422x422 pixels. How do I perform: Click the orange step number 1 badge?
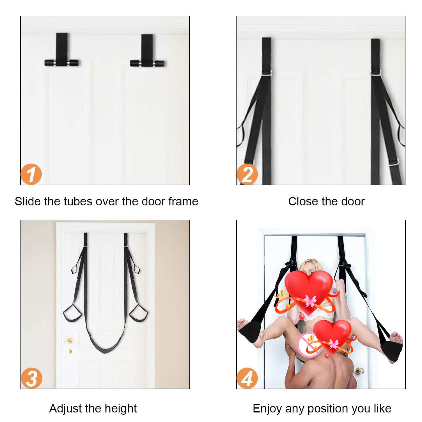coord(31,174)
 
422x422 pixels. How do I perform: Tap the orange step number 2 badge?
coord(247,174)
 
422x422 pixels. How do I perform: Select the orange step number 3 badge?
coord(32,378)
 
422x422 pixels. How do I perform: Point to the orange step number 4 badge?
coord(247,378)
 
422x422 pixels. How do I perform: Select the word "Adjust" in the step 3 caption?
coord(66,409)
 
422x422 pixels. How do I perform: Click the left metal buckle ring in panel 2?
coord(267,73)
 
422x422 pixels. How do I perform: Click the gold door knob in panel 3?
coord(70,340)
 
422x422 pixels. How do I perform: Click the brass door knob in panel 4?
coord(359,371)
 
